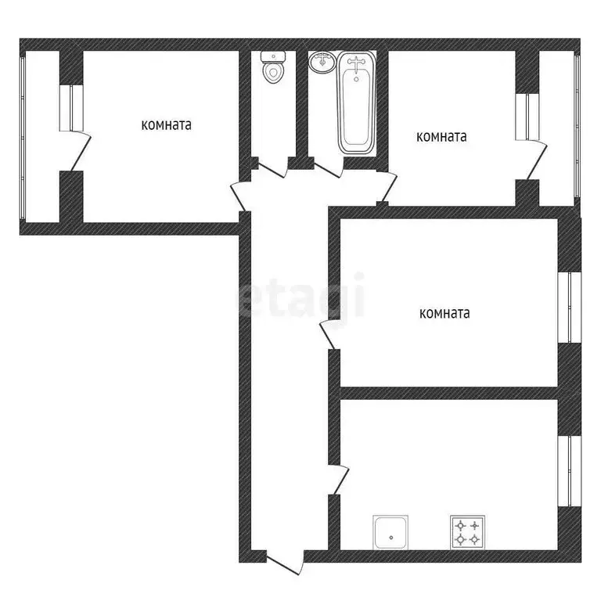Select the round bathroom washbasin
point(322,63)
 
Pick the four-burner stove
point(467,531)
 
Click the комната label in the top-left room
point(167,124)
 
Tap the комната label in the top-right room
point(441,137)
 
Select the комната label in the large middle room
point(444,314)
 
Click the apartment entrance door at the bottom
point(285,563)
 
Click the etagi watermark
point(302,296)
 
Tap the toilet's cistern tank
point(272,56)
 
